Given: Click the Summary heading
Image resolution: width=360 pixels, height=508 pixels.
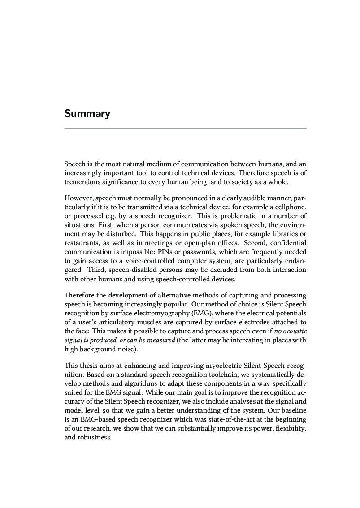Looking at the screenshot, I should click(x=87, y=113).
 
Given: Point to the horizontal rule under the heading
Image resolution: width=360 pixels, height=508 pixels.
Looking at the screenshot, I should click(x=185, y=129).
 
